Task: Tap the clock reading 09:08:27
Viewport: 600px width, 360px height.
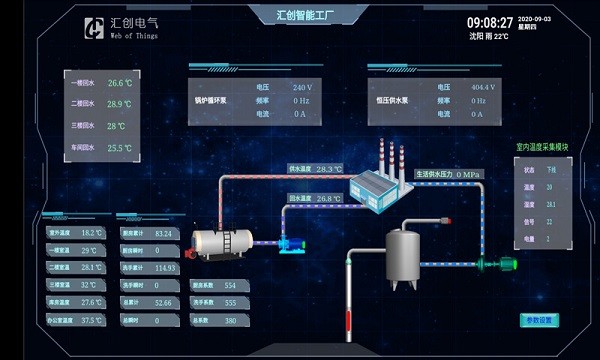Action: pos(489,22)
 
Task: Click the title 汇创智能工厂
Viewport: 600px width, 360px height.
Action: pos(300,14)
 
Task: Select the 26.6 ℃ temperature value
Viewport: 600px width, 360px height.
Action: pos(120,83)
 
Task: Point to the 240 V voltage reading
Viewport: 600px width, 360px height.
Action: pos(301,87)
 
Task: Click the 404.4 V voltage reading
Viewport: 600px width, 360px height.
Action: pos(483,87)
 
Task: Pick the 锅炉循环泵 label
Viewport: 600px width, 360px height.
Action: pos(210,101)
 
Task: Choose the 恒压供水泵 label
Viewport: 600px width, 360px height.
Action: pos(391,101)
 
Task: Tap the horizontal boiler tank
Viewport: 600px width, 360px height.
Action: pos(223,242)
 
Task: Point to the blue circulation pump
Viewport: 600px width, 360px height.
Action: pos(292,244)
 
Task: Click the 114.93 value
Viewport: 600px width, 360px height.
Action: pos(165,268)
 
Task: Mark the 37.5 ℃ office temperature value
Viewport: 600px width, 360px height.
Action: pos(92,320)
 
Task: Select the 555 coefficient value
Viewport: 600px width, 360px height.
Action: pos(230,302)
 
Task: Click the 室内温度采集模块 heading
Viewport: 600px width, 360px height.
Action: pos(541,147)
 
